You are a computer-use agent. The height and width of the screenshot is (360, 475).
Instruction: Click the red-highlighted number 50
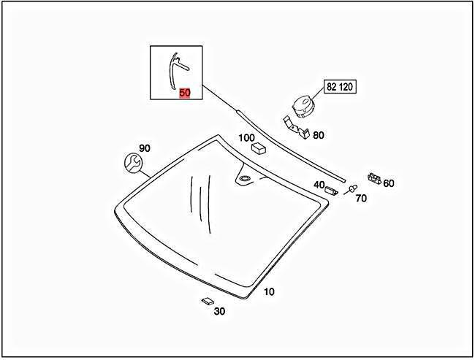(185, 93)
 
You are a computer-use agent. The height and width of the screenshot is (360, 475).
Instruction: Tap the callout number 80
(318, 135)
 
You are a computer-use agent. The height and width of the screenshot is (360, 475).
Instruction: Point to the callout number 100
(246, 137)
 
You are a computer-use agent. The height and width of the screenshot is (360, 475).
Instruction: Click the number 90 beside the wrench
(145, 148)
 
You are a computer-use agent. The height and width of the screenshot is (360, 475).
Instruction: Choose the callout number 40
(319, 185)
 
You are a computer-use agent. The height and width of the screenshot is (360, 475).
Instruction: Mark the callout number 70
(361, 198)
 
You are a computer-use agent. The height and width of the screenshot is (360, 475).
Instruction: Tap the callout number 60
(389, 183)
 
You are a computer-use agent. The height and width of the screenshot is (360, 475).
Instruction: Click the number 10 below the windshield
(269, 292)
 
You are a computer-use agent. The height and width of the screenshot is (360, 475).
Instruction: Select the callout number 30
(219, 311)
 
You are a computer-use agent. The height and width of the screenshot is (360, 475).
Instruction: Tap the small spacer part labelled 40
(331, 191)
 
